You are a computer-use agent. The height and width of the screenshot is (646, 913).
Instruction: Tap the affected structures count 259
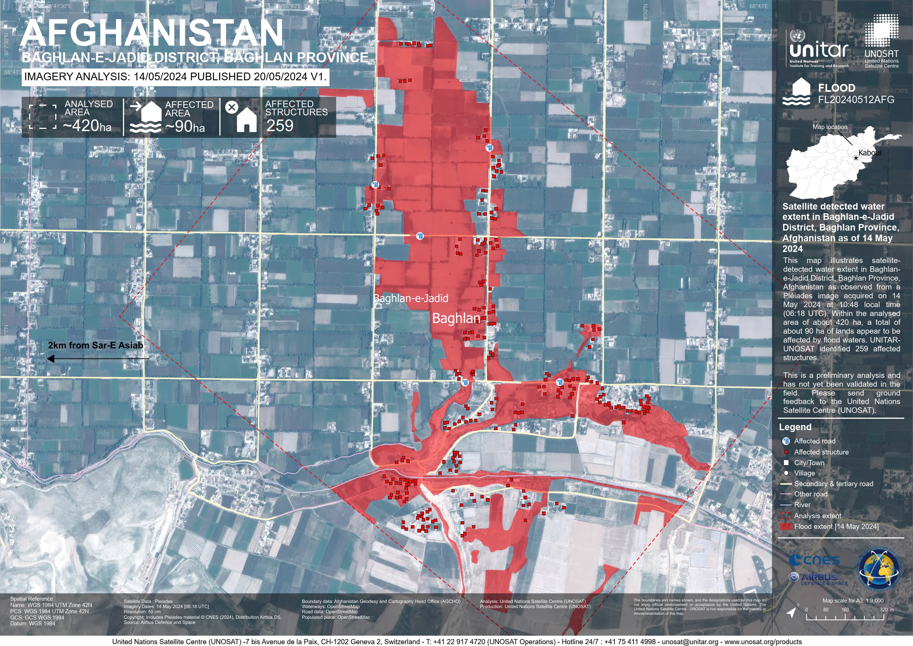point(279,126)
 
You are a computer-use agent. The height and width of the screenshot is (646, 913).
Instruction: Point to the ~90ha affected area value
point(185,126)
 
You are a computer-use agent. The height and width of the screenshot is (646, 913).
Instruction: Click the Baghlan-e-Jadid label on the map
point(411,298)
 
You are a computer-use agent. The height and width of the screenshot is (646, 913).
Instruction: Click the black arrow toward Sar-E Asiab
point(98,359)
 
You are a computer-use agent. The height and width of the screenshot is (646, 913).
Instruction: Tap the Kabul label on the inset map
point(869,153)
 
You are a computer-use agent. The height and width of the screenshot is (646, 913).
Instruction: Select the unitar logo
point(819,50)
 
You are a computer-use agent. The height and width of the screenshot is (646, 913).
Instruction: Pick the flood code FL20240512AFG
point(856,100)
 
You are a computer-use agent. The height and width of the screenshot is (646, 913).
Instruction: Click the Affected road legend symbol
point(786,441)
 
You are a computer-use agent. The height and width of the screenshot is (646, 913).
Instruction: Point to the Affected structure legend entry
point(821,452)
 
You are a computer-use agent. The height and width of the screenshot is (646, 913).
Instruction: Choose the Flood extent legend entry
point(836,526)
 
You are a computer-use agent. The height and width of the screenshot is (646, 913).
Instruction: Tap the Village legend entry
point(804,473)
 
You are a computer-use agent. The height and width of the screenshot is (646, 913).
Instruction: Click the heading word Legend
point(795,427)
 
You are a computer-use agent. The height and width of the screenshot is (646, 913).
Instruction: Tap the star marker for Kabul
point(856,158)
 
